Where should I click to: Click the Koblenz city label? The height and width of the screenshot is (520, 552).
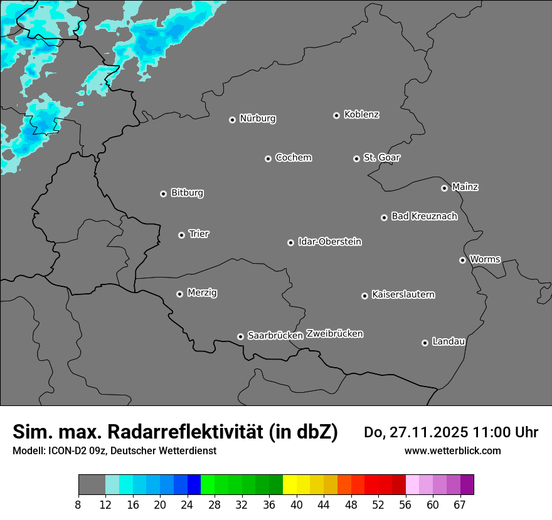[x=361, y=115]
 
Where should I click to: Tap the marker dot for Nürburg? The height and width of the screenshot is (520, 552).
[x=232, y=120]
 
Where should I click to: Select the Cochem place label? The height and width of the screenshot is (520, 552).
[x=293, y=158]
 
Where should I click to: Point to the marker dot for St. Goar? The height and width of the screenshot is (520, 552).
[x=356, y=159]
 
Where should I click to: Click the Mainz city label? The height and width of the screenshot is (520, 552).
[x=465, y=187]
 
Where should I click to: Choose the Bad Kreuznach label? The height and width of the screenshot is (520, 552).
[x=424, y=216]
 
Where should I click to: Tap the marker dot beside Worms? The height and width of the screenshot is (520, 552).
[x=462, y=260]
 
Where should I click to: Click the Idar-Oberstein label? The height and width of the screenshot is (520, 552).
[x=329, y=242]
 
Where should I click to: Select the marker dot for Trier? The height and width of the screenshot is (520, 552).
[x=181, y=235]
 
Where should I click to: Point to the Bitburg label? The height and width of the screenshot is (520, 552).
[x=187, y=193]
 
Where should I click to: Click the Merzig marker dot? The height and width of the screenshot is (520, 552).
[x=179, y=294]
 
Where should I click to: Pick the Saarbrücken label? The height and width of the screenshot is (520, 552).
[x=275, y=336]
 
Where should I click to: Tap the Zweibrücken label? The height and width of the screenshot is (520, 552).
[x=334, y=334]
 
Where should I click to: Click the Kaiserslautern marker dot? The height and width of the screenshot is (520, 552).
[x=364, y=296]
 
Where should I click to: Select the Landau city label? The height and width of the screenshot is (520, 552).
[x=449, y=341]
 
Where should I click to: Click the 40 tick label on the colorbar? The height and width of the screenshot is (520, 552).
[x=297, y=504]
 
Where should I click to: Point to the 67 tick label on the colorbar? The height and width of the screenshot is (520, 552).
[x=460, y=504]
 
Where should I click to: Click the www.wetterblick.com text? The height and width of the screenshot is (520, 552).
[x=452, y=450]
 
